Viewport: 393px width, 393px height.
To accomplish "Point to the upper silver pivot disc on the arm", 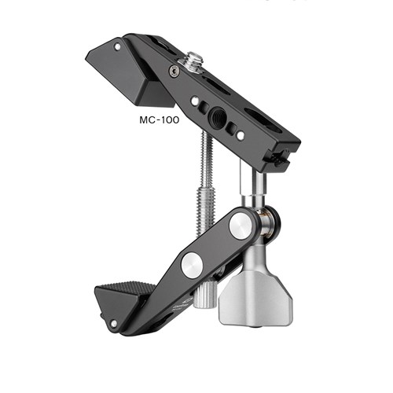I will pyautogui.click(x=241, y=226).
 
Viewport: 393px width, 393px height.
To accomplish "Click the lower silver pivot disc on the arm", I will pyautogui.click(x=192, y=265).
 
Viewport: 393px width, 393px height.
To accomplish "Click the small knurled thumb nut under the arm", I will pyautogui.click(x=206, y=296).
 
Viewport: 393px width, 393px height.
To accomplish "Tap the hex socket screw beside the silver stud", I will pyautogui.click(x=174, y=71).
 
